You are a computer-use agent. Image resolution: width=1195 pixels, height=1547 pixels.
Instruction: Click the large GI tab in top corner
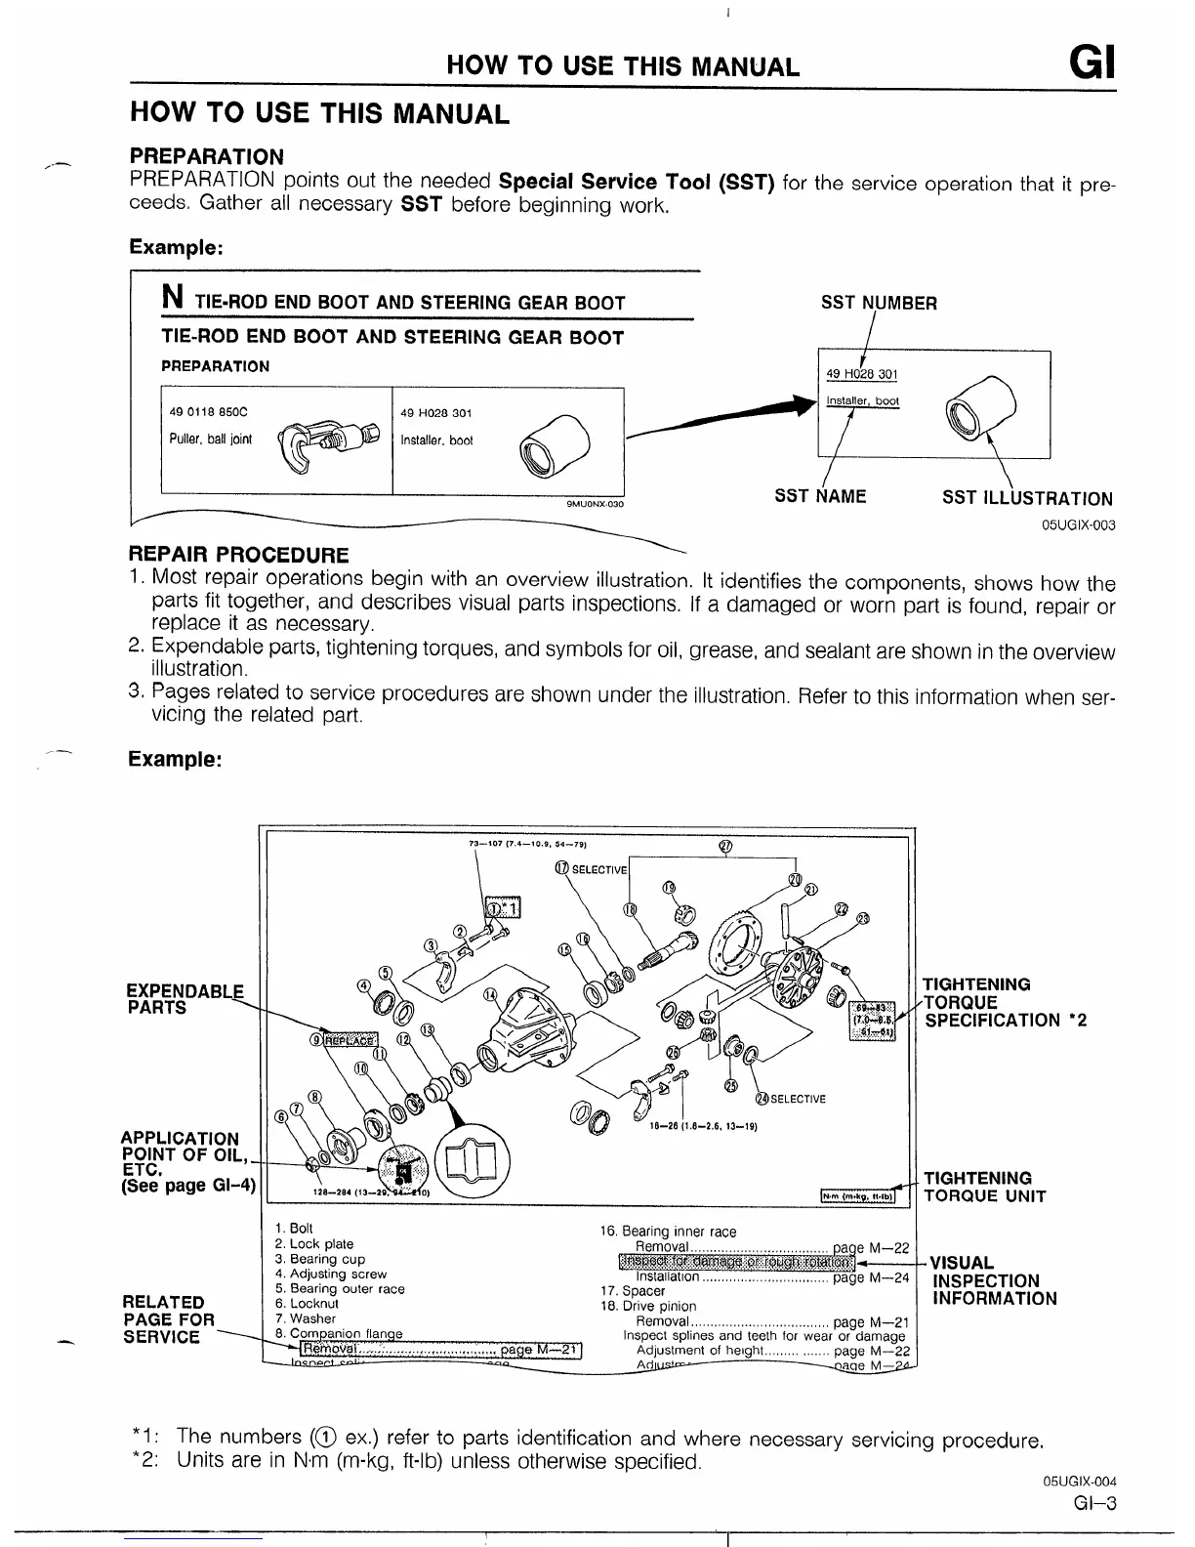(1092, 64)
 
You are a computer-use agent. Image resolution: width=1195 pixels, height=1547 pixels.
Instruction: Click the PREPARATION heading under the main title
(207, 156)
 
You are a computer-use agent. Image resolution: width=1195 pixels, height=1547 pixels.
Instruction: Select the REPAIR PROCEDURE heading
(239, 555)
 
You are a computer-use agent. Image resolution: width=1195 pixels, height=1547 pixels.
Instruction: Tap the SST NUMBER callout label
(879, 303)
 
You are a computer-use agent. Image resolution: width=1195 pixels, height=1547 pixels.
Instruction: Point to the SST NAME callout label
(820, 496)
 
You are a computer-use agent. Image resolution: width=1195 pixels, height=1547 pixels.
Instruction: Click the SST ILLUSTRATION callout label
(1027, 498)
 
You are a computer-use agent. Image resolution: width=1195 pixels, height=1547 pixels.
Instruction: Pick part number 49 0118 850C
(209, 412)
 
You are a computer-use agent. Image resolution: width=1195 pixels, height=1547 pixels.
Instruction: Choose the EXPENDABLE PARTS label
(184, 998)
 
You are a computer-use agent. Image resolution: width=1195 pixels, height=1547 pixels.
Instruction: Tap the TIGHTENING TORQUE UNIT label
(984, 1187)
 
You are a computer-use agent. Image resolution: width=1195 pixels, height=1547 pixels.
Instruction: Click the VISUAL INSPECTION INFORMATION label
(994, 1280)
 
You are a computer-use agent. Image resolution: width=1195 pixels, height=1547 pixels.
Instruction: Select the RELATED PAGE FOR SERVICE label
(168, 1319)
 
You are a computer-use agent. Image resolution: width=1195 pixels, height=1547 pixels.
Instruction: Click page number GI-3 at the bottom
(1092, 1504)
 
